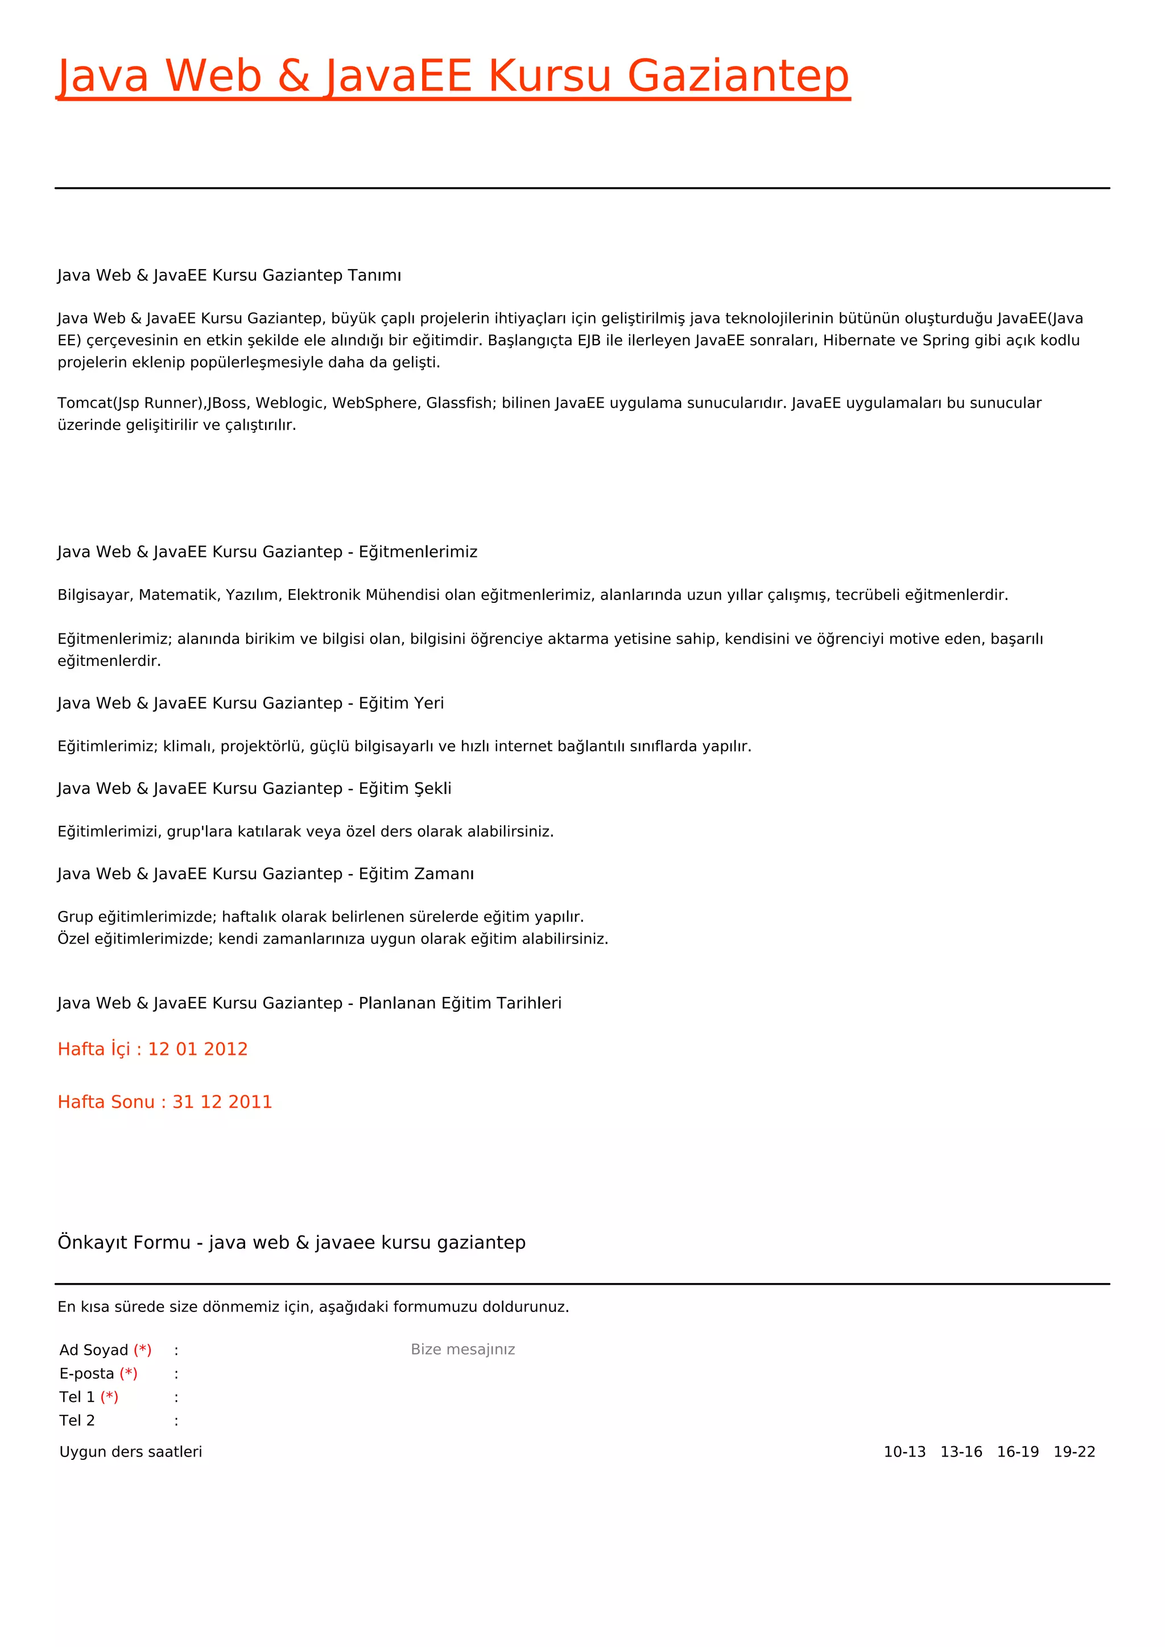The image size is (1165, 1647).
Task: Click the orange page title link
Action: point(453,76)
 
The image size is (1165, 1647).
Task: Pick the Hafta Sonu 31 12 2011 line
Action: point(165,1102)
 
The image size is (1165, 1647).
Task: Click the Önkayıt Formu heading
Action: point(291,1243)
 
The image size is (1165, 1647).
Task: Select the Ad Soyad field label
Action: point(93,1350)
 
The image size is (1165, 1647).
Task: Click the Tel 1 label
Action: point(77,1397)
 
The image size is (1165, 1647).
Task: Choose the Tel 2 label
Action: point(77,1420)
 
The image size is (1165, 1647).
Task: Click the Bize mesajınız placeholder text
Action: point(462,1350)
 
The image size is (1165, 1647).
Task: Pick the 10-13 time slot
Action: point(904,1452)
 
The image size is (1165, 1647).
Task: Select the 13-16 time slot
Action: point(961,1452)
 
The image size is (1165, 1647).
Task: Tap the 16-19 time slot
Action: point(1018,1452)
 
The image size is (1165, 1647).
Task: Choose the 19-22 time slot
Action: point(1074,1452)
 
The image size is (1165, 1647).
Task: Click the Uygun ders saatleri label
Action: point(131,1452)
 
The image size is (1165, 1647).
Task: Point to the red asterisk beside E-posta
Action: point(129,1373)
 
